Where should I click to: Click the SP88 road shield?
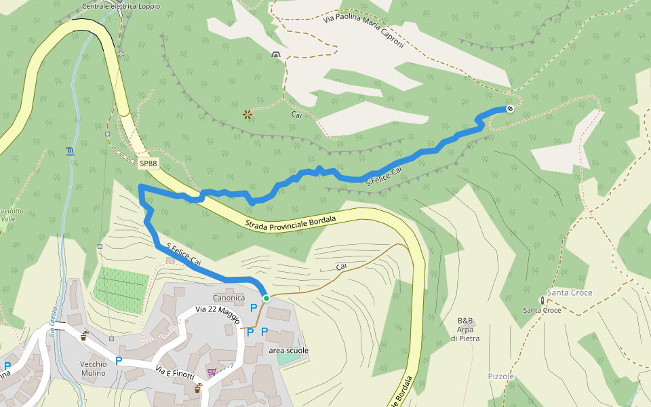148,163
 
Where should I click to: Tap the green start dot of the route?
267,298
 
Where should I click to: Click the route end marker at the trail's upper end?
510,109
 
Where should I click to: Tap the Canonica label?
229,298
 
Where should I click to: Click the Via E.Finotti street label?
175,372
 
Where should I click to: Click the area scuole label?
288,351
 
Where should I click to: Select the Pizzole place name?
501,376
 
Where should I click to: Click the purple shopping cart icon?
212,372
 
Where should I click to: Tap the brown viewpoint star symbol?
248,115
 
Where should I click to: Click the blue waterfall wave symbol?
71,151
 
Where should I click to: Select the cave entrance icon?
275,54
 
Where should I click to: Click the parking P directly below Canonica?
254,308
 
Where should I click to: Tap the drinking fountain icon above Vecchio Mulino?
85,336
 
